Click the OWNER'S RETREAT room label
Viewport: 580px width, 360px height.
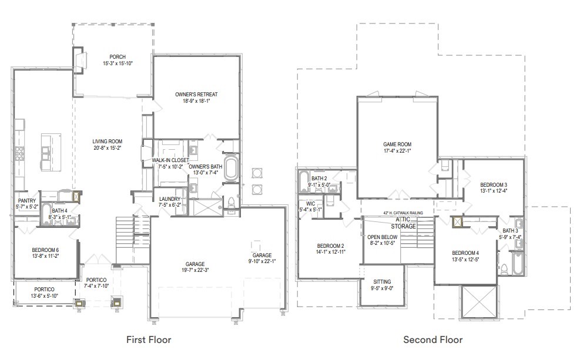click(196, 94)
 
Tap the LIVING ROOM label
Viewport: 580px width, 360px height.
click(107, 141)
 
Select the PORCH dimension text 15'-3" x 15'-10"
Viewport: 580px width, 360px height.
click(118, 63)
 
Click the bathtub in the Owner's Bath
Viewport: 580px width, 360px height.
click(231, 168)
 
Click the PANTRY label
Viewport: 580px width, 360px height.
click(26, 200)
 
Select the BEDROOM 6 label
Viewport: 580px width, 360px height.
click(45, 250)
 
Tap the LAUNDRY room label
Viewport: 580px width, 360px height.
click(170, 199)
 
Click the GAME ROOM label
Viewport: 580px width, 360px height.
click(397, 144)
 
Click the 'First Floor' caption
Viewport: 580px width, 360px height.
click(149, 339)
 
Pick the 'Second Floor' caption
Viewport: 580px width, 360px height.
click(433, 339)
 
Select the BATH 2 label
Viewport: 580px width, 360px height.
click(319, 179)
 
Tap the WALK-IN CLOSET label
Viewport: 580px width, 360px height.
click(170, 160)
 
